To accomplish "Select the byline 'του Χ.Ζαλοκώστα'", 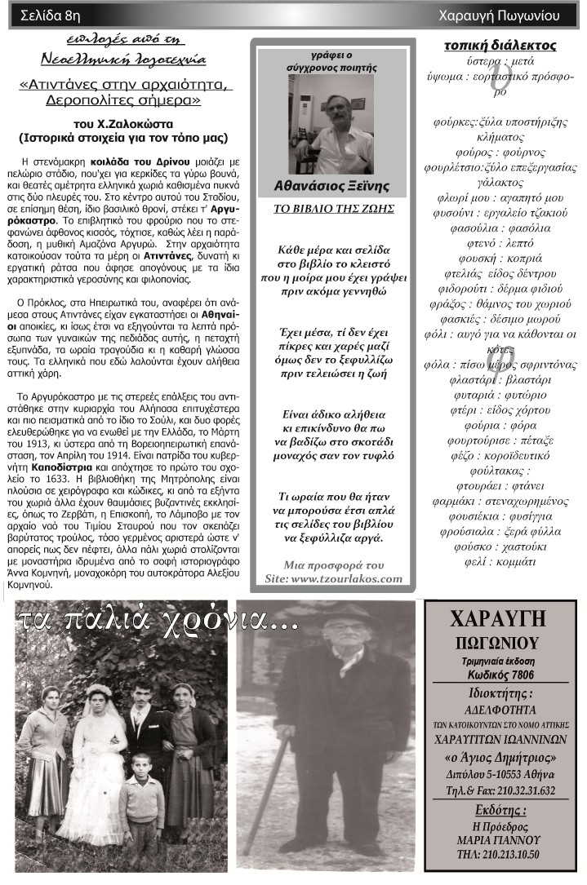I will click(122, 124).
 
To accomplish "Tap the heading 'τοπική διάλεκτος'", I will click(500, 45).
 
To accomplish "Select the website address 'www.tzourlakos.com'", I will click(346, 578).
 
